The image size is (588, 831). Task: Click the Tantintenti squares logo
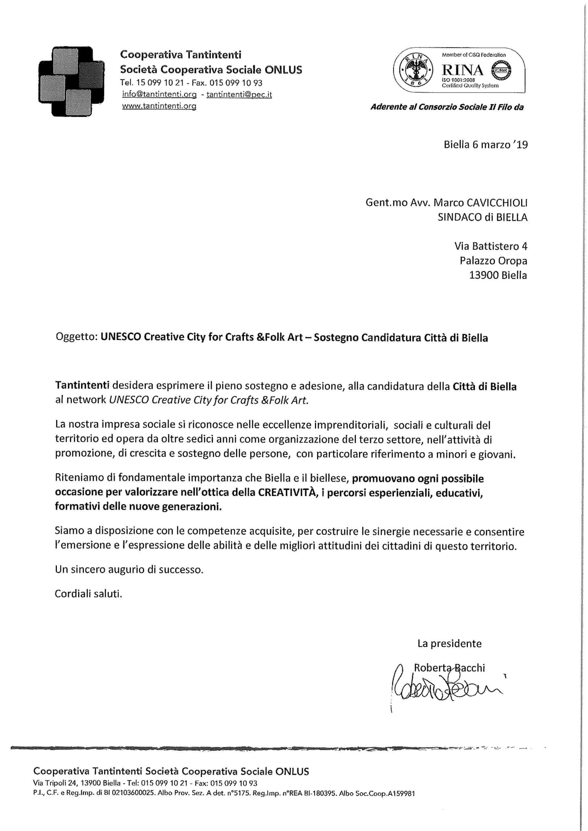click(71, 82)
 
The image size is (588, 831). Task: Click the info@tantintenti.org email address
click(159, 94)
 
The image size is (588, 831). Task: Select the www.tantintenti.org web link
click(159, 106)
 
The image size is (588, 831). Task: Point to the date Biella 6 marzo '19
click(485, 145)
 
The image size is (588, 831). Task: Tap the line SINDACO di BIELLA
click(482, 217)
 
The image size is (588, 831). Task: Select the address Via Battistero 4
click(491, 246)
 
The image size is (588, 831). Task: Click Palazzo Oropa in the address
click(493, 261)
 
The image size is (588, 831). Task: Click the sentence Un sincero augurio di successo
click(129, 569)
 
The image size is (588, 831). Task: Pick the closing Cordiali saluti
click(88, 594)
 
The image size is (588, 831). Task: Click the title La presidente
click(449, 643)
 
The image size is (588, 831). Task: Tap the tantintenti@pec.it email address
click(239, 94)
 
